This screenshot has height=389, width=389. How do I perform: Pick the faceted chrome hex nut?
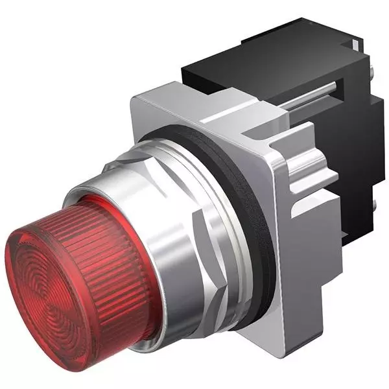(x=194, y=214)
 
